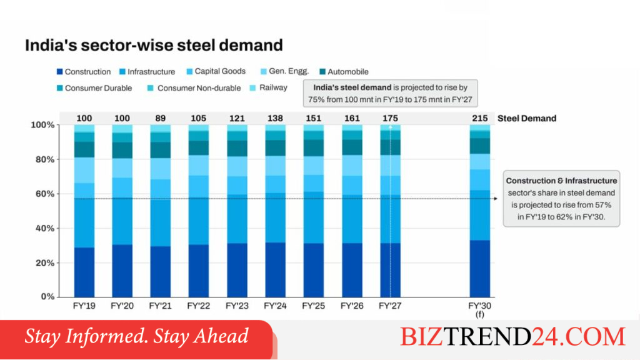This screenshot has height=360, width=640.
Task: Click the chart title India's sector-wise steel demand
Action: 154,45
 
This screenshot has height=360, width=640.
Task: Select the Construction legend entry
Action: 84,72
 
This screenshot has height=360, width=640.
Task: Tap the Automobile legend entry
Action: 344,72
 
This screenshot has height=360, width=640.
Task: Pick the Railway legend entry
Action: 269,87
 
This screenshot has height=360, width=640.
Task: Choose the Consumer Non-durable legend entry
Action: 194,88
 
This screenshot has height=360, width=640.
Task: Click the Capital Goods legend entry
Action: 216,71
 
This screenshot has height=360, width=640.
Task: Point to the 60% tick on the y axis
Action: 45,194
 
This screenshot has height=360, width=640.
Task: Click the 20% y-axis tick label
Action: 45,263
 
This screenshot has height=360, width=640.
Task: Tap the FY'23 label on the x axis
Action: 237,306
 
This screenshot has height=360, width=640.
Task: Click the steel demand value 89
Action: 161,118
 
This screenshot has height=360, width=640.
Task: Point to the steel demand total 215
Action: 479,118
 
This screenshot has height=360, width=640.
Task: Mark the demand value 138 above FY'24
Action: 275,118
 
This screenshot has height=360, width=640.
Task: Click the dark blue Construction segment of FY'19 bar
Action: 84,272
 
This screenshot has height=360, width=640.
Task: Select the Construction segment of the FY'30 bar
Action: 479,269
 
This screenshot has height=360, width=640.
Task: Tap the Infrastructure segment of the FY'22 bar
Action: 198,221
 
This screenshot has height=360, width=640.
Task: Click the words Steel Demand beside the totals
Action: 527,118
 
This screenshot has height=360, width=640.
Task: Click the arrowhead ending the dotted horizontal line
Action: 496,199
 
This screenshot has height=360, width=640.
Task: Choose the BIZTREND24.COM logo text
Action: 512,336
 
